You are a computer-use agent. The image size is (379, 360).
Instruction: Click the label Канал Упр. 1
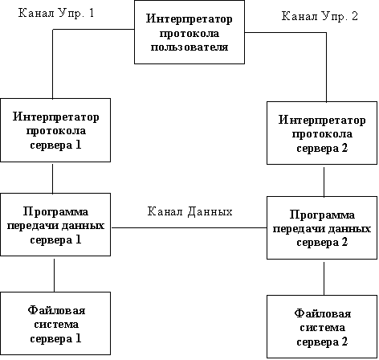(56, 13)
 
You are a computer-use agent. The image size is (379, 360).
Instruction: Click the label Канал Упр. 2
(320, 16)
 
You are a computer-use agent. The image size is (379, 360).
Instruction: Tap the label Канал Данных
(189, 211)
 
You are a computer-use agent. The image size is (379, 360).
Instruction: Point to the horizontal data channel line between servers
(189, 228)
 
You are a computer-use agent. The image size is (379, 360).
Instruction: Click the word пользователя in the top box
(189, 47)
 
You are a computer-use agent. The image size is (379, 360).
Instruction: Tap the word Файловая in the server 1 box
(56, 310)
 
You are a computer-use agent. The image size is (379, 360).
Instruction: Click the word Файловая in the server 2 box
(323, 313)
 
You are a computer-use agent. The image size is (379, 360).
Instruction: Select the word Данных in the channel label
(210, 211)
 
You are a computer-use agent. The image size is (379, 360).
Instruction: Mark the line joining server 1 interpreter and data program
(52, 178)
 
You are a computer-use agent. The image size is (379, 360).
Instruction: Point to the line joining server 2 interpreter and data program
(324, 182)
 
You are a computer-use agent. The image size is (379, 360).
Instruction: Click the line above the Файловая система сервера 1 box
(55, 276)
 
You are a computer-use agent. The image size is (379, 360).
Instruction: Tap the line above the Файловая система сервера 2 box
(324, 279)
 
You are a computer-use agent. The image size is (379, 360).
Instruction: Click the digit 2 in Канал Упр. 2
(355, 16)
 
